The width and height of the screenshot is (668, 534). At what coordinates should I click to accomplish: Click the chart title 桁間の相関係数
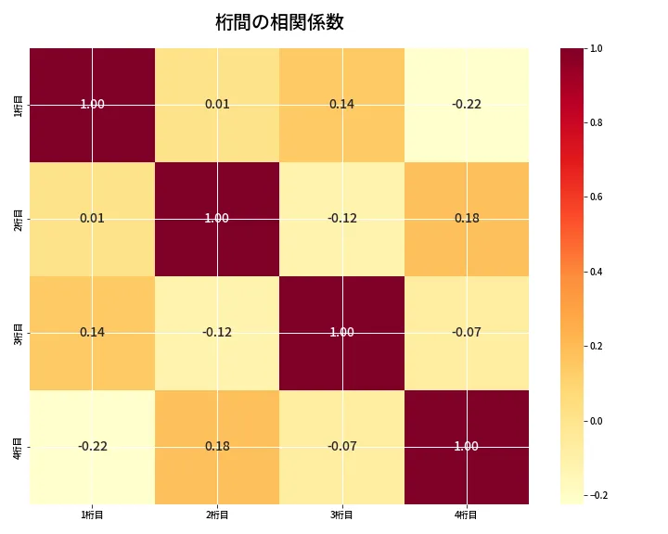279,23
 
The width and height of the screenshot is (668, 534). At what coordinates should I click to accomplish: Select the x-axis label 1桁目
92,515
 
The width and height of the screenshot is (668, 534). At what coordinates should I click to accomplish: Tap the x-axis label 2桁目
217,515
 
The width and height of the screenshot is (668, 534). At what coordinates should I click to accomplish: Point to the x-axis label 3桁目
341,515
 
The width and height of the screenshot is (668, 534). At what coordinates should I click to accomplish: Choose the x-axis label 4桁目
466,515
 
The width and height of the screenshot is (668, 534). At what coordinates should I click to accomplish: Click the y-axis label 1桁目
19,105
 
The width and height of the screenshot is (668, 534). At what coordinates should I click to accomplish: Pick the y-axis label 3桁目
19,333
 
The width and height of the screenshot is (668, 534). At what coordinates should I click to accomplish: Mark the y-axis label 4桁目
19,447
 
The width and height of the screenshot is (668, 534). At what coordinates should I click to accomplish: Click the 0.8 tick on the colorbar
596,122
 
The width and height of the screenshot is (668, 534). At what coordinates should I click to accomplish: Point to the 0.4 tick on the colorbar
596,272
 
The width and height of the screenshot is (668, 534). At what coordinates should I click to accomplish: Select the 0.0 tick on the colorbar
596,421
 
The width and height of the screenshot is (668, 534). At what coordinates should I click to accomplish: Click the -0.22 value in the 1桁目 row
466,105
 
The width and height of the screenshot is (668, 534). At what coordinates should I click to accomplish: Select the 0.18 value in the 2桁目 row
466,219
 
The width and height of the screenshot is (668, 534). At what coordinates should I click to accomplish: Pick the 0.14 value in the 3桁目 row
92,333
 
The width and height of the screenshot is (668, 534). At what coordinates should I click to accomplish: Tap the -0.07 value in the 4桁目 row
341,447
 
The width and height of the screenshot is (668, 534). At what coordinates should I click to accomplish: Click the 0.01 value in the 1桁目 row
217,105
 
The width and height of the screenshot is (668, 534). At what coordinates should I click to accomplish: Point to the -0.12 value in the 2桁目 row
341,219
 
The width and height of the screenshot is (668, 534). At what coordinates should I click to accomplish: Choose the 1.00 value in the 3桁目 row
341,333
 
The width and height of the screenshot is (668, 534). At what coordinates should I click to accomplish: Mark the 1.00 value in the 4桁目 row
466,447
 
